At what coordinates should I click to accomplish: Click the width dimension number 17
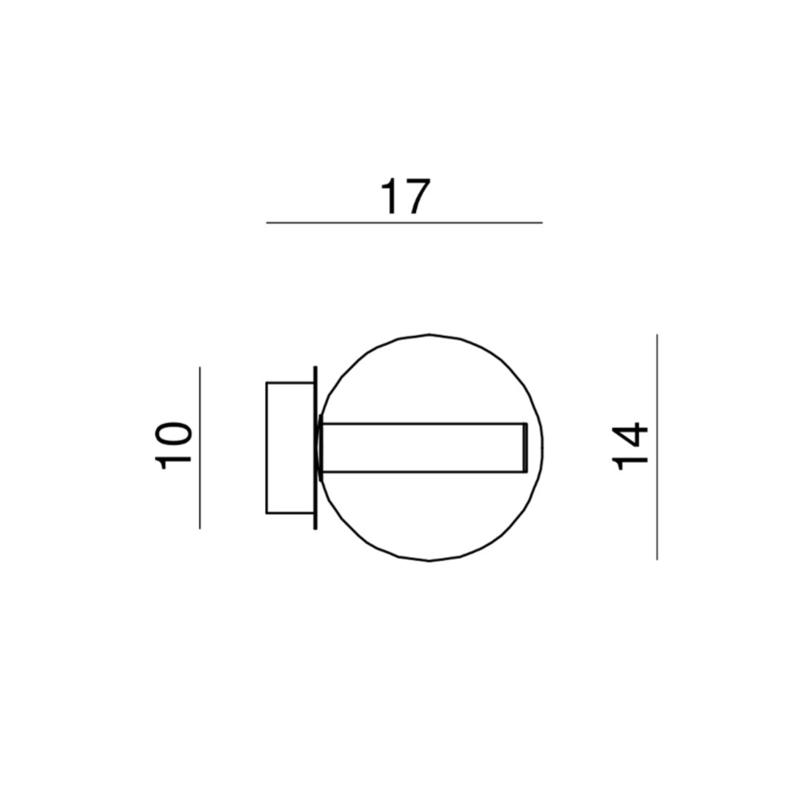[405, 197]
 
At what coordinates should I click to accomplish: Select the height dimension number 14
[630, 446]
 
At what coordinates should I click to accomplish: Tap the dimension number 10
[173, 445]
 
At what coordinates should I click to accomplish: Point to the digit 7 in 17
[418, 197]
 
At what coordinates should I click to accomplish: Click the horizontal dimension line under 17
[405, 223]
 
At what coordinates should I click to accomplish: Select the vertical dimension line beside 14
[657, 447]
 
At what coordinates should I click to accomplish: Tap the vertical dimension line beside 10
[200, 448]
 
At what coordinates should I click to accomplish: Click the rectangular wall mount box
[290, 448]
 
